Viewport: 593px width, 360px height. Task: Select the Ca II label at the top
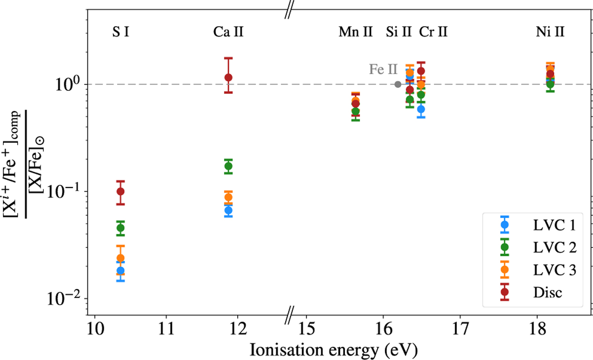pos(228,33)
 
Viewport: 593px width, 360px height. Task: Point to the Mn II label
pos(355,33)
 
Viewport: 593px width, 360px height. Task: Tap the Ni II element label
pos(550,33)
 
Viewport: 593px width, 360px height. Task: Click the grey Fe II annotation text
pos(380,69)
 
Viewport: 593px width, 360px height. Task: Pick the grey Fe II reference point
pos(398,84)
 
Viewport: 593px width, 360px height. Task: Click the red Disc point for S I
pos(120,192)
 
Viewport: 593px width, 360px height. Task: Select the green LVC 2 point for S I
pos(120,228)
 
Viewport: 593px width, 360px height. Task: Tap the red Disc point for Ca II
pos(228,78)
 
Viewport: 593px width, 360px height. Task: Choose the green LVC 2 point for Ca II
pos(228,166)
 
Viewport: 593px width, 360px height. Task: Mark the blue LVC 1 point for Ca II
pos(228,210)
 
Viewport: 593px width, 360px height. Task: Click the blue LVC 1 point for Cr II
pos(421,109)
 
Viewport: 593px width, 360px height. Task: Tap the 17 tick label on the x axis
pos(460,328)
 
